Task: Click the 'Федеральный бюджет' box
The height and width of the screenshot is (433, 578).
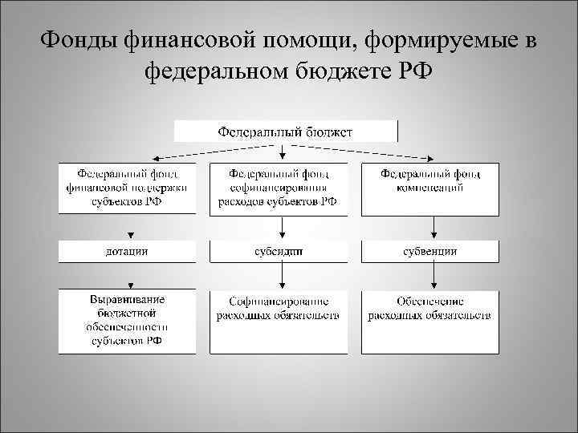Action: point(286,132)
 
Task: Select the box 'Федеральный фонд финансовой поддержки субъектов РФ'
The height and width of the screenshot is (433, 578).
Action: point(126,188)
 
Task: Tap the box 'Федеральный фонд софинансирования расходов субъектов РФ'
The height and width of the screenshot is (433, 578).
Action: point(278,188)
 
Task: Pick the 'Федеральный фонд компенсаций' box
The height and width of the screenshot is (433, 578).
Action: point(429,188)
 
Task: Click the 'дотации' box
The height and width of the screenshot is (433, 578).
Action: point(126,251)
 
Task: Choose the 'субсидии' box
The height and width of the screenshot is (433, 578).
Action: point(278,251)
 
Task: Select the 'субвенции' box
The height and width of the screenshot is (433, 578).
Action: point(429,251)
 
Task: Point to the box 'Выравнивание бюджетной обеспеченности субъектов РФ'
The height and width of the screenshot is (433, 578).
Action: point(126,321)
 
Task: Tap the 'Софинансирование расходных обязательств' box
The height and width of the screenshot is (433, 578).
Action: point(278,321)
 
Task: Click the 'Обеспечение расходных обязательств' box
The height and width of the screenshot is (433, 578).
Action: point(429,321)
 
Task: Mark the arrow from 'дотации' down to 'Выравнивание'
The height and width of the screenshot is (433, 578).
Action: point(129,275)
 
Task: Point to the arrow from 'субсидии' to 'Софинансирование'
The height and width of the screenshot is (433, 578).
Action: point(281,275)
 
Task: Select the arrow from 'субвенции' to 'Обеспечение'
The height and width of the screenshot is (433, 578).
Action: point(433,275)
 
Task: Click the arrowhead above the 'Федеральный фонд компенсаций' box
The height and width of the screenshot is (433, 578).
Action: point(433,159)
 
